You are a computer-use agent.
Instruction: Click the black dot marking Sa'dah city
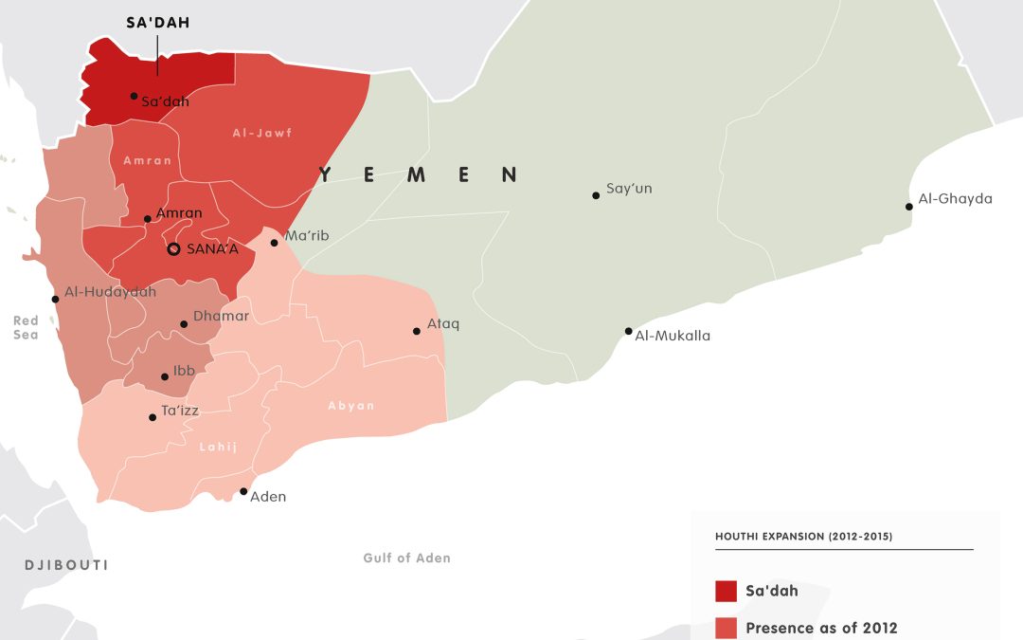(134, 97)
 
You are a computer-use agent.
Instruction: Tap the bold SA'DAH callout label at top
(158, 23)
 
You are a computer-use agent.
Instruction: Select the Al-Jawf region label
(262, 134)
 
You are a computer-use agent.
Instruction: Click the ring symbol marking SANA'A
(173, 249)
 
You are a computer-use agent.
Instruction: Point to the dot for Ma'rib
(274, 243)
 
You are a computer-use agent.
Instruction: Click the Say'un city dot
(596, 195)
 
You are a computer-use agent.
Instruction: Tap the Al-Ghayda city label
(955, 199)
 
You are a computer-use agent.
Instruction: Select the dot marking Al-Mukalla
(628, 331)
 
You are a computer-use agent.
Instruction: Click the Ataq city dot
(416, 331)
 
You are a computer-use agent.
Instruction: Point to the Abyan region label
(351, 406)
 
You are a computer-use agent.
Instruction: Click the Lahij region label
(219, 447)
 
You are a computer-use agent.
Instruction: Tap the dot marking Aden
(243, 491)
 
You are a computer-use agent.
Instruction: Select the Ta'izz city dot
(153, 417)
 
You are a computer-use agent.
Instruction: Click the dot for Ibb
(165, 376)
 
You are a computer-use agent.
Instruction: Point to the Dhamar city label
(221, 317)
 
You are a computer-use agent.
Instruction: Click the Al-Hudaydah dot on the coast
(55, 299)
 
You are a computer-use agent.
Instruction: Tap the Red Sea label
(27, 328)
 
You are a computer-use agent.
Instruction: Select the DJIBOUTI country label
(66, 565)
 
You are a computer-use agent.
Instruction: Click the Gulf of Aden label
(406, 558)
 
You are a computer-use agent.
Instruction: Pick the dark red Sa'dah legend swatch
(727, 591)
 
